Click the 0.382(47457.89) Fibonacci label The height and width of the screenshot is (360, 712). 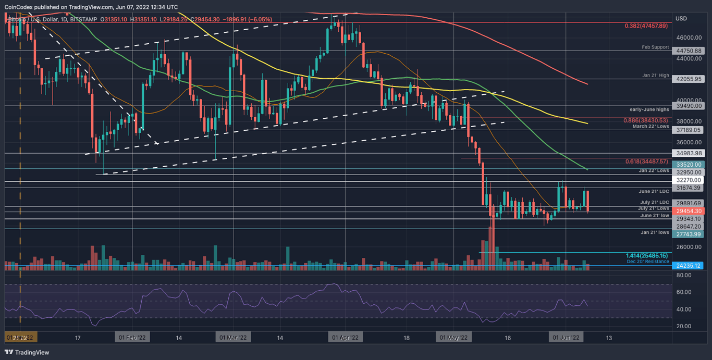[x=646, y=25]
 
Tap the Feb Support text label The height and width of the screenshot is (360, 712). [x=655, y=47]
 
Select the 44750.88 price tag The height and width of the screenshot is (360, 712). [x=689, y=51]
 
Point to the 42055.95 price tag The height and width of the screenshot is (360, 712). [x=689, y=79]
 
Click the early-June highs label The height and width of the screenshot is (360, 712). [x=651, y=110]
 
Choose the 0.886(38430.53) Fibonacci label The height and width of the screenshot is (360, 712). [x=646, y=120]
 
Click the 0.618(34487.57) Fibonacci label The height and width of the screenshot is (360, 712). [x=646, y=162]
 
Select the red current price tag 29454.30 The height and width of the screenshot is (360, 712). [x=689, y=212]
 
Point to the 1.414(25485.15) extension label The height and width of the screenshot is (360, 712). [x=647, y=256]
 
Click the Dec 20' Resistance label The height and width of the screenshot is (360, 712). [x=648, y=262]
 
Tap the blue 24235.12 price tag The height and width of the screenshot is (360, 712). [x=689, y=266]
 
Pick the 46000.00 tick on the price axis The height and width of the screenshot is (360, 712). [x=689, y=38]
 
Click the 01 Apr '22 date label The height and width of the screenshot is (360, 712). [x=345, y=338]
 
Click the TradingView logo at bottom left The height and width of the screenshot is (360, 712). [x=27, y=353]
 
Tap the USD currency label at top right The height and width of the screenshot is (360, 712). [x=681, y=19]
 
